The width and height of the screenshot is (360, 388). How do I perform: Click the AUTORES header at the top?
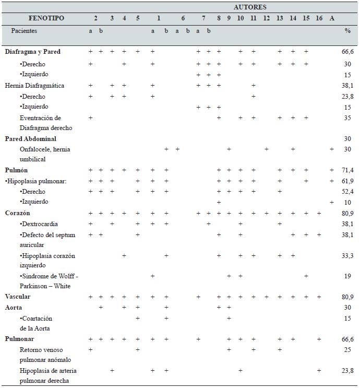point(250,7)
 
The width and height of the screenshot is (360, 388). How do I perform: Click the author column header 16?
point(319,18)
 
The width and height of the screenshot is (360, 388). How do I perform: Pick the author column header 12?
point(266,18)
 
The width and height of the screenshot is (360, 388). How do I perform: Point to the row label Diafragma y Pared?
point(32,52)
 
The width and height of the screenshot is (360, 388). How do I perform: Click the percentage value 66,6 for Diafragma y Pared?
point(347,52)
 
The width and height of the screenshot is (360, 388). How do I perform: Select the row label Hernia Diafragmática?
point(35,86)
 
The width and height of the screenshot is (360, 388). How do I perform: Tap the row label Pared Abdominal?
point(30,139)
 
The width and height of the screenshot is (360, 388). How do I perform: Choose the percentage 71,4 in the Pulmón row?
point(347,171)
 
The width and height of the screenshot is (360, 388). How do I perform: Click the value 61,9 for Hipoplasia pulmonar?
point(347,181)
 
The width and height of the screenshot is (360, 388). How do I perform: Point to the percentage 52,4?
point(347,192)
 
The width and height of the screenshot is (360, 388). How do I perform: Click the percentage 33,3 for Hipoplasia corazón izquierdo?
point(347,256)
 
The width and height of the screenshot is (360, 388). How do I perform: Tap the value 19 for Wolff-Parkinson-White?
point(347,276)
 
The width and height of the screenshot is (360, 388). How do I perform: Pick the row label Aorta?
point(14,308)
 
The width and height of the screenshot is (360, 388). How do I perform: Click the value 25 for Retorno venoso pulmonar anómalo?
point(347,350)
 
